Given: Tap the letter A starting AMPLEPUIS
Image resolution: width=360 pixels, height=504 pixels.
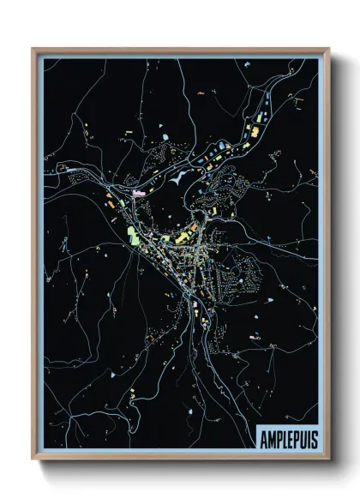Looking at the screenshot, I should (x=263, y=439).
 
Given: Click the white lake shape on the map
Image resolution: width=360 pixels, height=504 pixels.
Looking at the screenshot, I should (x=177, y=181).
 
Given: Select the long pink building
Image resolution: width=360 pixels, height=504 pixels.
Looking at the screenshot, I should (x=140, y=194).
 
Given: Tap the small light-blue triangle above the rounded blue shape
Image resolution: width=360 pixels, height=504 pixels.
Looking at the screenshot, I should (x=160, y=125).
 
